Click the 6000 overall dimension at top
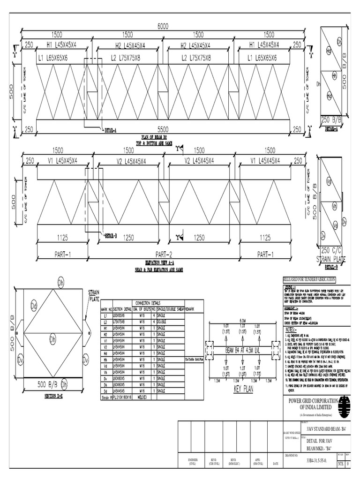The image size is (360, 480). [x=163, y=27]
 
